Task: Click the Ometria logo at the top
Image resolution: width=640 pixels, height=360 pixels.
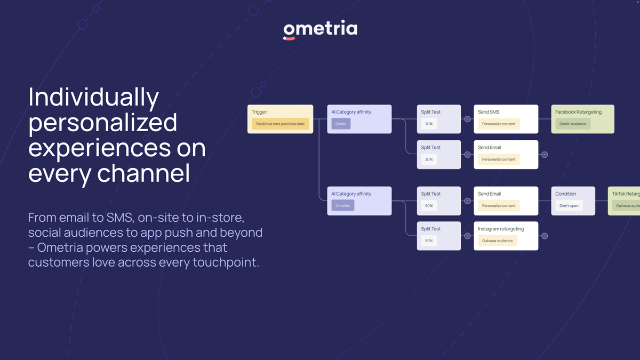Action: click(x=320, y=30)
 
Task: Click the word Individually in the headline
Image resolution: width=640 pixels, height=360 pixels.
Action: click(x=93, y=98)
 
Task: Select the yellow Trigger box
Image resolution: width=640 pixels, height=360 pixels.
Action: click(x=280, y=119)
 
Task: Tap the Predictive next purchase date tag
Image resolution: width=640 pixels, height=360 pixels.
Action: click(x=280, y=124)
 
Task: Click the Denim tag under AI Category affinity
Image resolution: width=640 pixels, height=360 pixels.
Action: click(x=340, y=124)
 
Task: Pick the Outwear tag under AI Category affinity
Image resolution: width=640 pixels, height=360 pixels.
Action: click(x=342, y=205)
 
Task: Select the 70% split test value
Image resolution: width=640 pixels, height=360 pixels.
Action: click(x=429, y=124)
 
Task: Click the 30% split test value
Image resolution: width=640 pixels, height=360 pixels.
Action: click(x=429, y=159)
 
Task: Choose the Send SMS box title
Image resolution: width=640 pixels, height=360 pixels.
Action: click(x=489, y=112)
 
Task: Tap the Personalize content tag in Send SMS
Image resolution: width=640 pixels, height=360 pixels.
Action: click(x=499, y=124)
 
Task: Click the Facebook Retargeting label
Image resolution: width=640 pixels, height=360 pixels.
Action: click(x=578, y=112)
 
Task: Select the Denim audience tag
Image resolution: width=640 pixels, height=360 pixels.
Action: click(x=572, y=124)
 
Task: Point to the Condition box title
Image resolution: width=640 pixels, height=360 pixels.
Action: click(x=565, y=194)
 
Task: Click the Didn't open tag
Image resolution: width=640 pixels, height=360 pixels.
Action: click(x=569, y=205)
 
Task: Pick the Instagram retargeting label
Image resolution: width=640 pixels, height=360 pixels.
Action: click(x=500, y=229)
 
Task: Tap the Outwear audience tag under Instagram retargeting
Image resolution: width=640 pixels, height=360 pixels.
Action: click(x=497, y=241)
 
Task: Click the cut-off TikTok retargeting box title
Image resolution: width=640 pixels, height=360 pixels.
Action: click(x=626, y=194)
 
